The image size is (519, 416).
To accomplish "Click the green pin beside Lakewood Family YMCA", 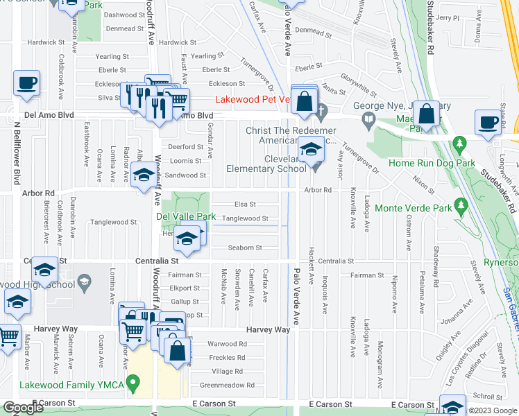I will click(137, 381).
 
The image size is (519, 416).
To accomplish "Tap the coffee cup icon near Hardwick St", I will click(27, 83).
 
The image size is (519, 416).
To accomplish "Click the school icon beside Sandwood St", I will click(144, 175).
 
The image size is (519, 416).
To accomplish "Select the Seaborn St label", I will click(245, 248).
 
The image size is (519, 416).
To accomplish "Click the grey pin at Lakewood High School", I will click(84, 281).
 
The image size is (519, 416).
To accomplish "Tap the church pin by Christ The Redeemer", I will click(321, 110).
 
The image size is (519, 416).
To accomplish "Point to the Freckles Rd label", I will click(228, 358).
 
